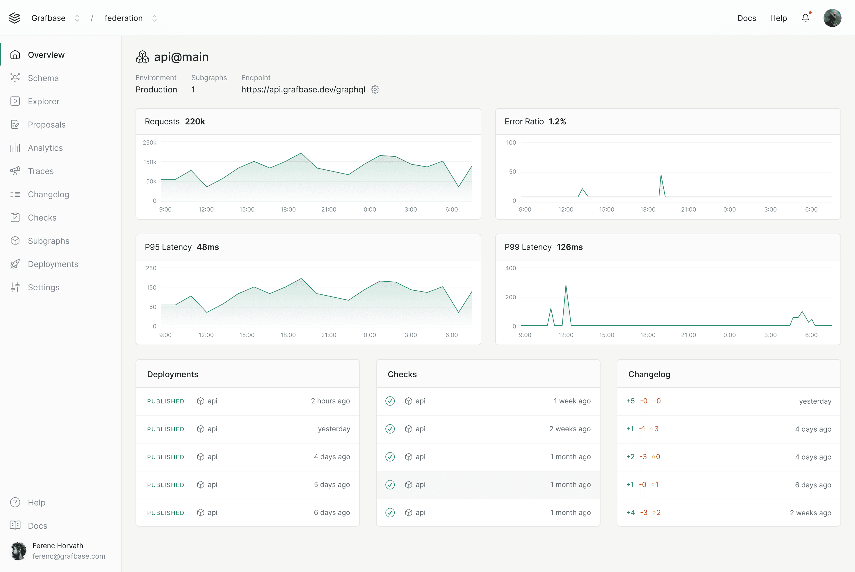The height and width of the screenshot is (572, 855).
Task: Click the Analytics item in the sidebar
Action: (45, 148)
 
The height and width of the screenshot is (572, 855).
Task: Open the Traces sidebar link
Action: (40, 171)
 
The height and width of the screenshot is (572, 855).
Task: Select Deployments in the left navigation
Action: (53, 264)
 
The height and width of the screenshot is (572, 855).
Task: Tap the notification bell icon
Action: (805, 18)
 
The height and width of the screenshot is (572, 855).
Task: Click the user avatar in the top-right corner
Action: (832, 18)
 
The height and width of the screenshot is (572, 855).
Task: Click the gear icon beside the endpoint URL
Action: (375, 90)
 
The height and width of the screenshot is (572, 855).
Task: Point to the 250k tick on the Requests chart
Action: (149, 143)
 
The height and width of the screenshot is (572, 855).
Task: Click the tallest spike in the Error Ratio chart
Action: (661, 176)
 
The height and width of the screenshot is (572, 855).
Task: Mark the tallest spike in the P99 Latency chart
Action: (566, 286)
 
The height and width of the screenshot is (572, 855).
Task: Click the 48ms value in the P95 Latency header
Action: (208, 247)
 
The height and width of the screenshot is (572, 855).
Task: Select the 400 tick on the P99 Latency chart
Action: (510, 268)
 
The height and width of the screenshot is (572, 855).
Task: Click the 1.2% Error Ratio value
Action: (557, 121)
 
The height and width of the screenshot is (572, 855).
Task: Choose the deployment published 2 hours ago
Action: (248, 401)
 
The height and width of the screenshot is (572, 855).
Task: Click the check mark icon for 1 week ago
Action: (390, 401)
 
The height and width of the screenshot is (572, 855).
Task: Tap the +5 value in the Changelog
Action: (630, 401)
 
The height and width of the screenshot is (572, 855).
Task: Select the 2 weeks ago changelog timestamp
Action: (810, 512)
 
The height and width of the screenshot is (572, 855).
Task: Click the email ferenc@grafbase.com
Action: (69, 556)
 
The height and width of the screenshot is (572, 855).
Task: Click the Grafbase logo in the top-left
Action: (15, 18)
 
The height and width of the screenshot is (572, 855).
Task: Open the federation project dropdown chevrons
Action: (154, 18)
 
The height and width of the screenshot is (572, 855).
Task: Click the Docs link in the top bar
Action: (746, 18)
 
